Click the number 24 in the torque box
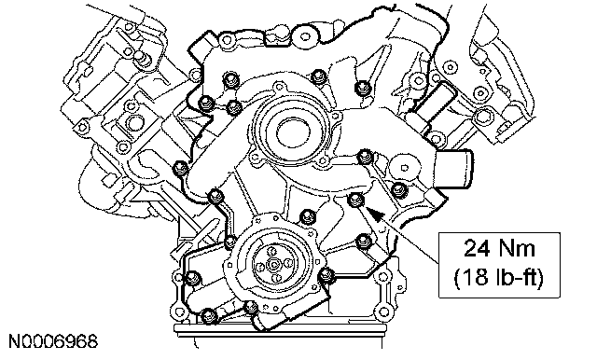click(x=475, y=249)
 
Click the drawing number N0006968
click(x=53, y=341)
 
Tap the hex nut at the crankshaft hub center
click(x=273, y=263)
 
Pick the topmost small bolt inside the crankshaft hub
click(x=271, y=250)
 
